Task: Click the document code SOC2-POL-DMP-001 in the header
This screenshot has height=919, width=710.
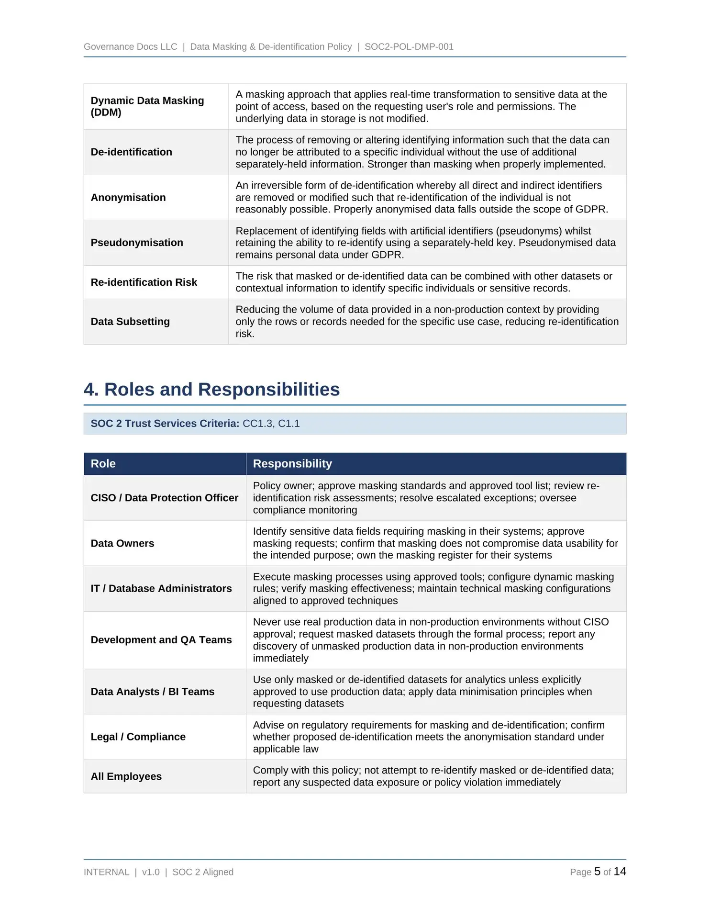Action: [409, 47]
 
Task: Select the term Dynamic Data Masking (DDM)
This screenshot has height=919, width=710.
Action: [147, 106]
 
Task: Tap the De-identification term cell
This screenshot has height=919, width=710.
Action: [131, 152]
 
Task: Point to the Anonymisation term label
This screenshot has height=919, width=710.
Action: [128, 198]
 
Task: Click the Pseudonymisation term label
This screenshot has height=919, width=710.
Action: [137, 243]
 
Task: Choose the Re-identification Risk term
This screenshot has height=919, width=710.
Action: [144, 282]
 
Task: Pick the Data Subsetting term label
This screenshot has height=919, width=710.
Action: [130, 322]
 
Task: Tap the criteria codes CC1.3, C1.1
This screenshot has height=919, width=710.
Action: [271, 424]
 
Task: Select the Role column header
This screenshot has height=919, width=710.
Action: [103, 464]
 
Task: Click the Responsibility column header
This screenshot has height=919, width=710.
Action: [292, 464]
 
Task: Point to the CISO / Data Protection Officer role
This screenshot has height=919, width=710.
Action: [164, 498]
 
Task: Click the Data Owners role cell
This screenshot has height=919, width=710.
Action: [122, 543]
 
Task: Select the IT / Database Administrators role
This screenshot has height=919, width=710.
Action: [161, 589]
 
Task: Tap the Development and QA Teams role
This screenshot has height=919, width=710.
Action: [161, 640]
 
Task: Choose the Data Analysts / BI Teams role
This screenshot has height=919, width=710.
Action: [153, 692]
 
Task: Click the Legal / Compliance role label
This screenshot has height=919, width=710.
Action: [138, 737]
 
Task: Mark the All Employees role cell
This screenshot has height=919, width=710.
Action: [126, 776]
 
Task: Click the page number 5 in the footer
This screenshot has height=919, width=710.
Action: [597, 872]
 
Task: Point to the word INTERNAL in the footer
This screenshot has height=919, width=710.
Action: [107, 872]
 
